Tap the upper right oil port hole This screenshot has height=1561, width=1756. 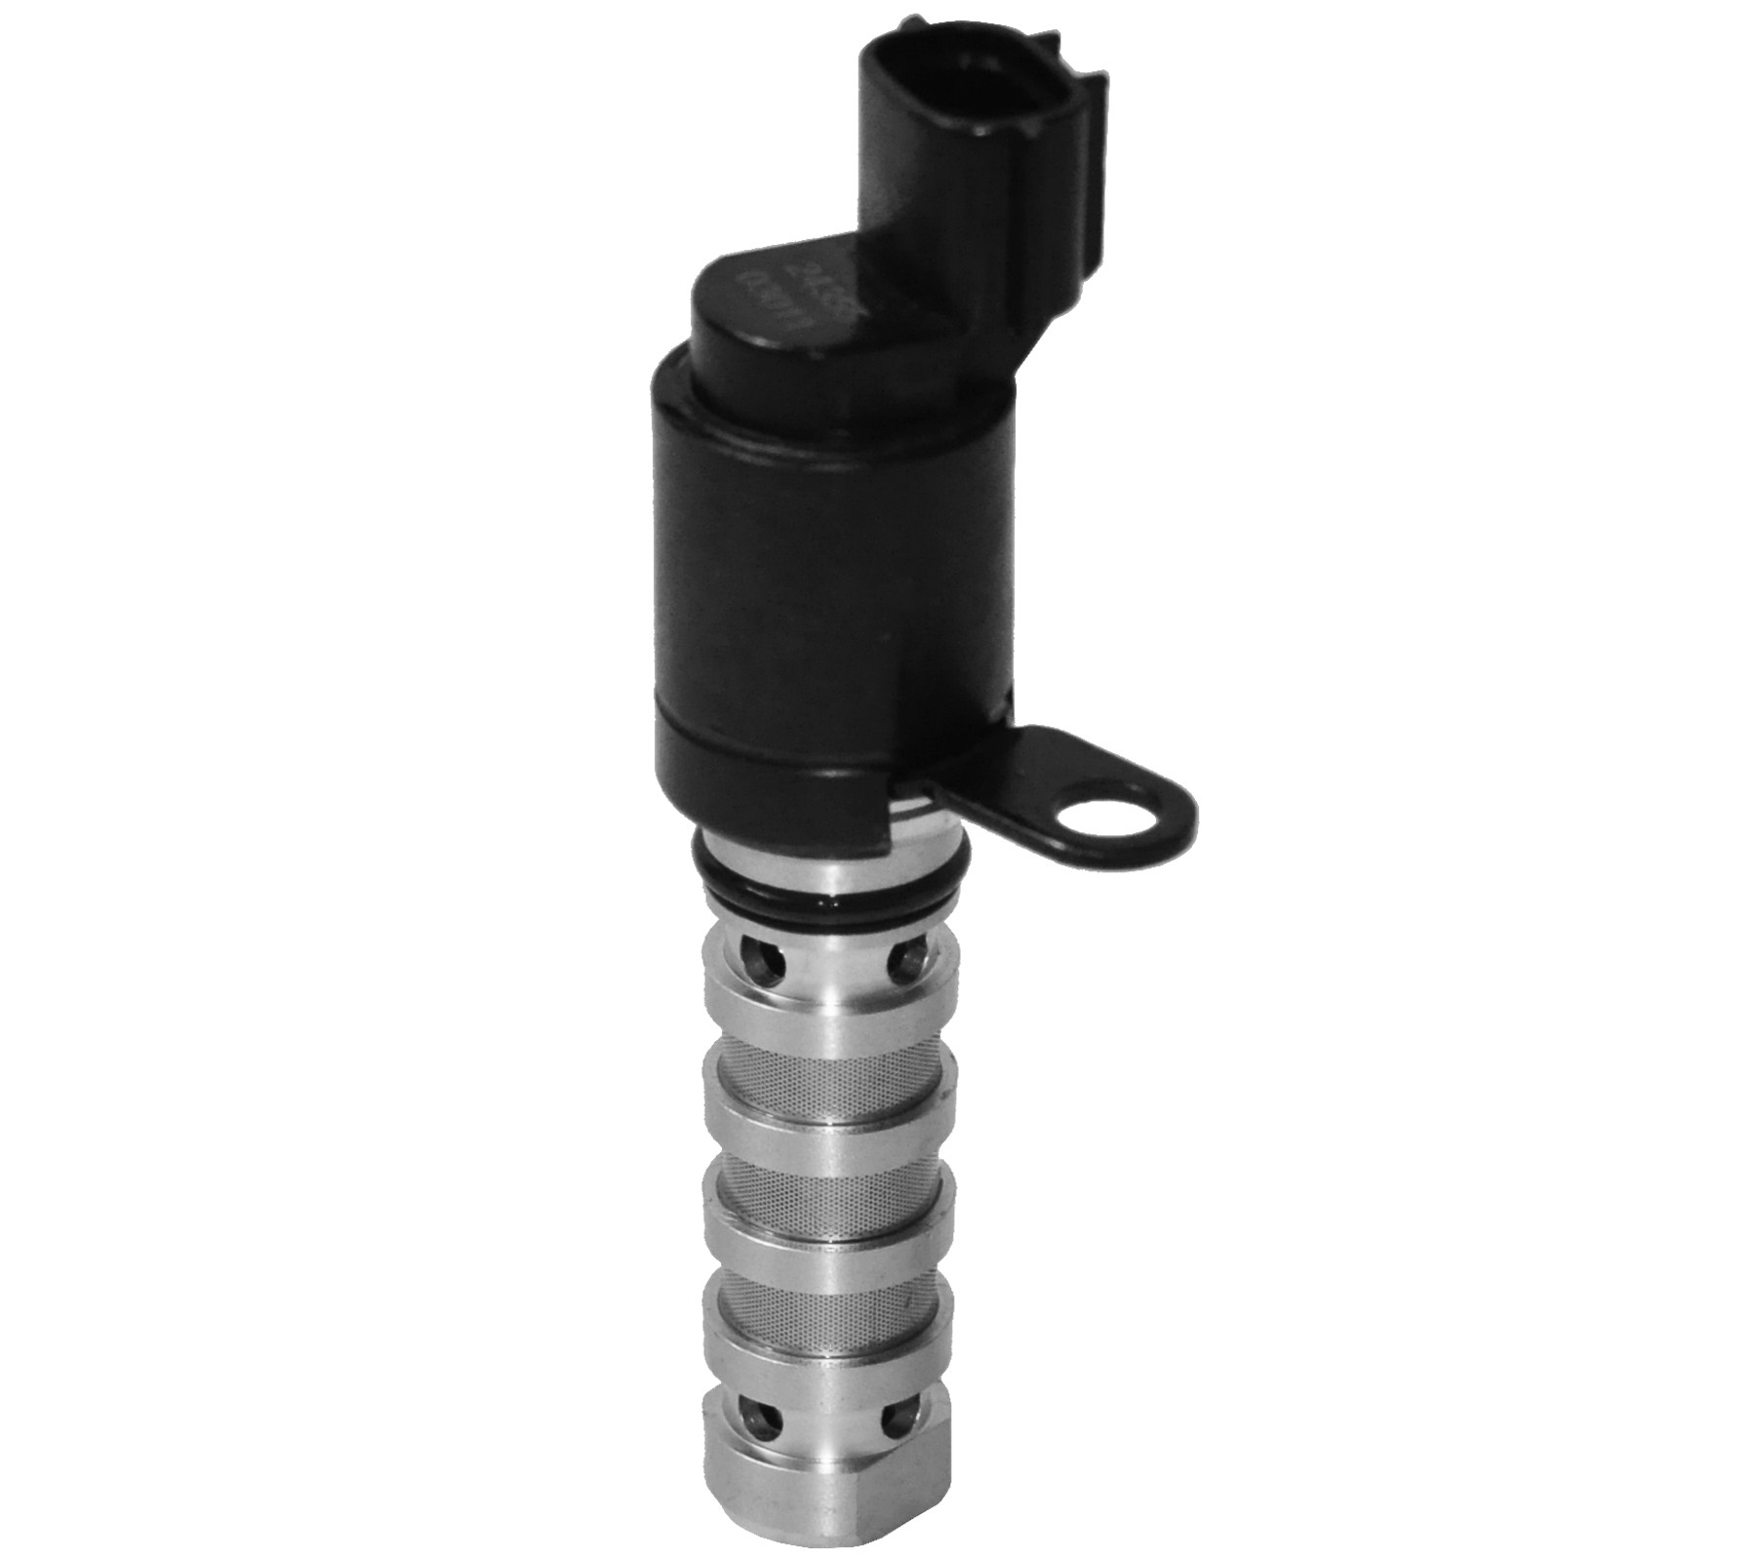(x=906, y=966)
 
